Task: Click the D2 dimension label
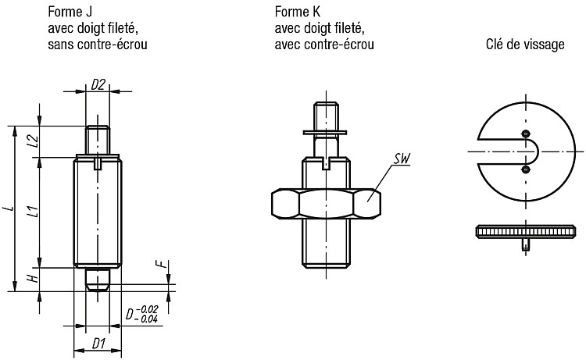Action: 98,85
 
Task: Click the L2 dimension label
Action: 34,141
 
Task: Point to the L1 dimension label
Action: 34,212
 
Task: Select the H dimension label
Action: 34,278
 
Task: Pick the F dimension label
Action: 161,264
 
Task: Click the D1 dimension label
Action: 98,343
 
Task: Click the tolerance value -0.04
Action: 147,319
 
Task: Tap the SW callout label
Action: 402,159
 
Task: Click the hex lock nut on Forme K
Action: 326,204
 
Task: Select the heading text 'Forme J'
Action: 70,12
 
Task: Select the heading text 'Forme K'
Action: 298,12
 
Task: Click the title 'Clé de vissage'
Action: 525,45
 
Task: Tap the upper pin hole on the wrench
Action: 526,134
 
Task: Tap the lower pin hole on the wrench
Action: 526,170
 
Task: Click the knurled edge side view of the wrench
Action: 526,231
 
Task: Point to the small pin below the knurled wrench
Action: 526,244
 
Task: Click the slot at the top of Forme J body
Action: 98,163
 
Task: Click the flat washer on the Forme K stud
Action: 325,133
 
